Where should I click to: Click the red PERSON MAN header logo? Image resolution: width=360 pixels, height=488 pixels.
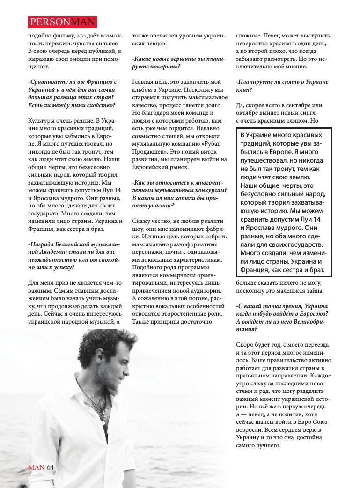[62, 21]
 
